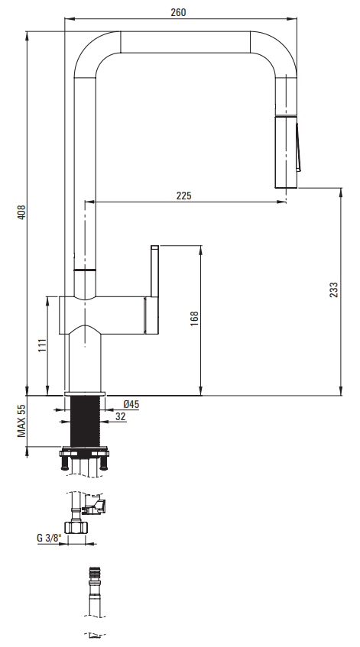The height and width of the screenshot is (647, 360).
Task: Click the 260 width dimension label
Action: pyautogui.click(x=178, y=12)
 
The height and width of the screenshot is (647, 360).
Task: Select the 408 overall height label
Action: pyautogui.click(x=21, y=212)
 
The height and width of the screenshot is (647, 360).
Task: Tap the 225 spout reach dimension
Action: pyautogui.click(x=184, y=196)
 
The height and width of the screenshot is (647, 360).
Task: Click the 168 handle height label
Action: pyautogui.click(x=194, y=319)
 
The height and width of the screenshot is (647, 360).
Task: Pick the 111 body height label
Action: pyautogui.click(x=42, y=345)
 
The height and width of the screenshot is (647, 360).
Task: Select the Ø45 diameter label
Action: pyautogui.click(x=131, y=404)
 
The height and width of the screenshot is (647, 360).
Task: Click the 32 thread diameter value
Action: pyautogui.click(x=121, y=417)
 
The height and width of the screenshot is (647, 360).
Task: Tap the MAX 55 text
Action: pyautogui.click(x=21, y=420)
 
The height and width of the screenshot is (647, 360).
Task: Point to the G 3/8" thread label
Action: pyautogui.click(x=49, y=538)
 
